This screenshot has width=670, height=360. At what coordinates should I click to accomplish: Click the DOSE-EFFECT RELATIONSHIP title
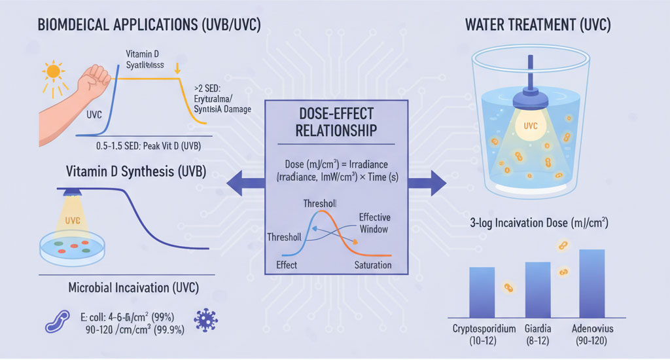(336, 121)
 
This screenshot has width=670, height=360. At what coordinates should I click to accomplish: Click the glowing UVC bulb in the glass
(531, 124)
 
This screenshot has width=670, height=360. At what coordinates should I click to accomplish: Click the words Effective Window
(374, 224)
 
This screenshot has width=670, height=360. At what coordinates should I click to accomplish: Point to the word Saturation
(372, 265)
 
